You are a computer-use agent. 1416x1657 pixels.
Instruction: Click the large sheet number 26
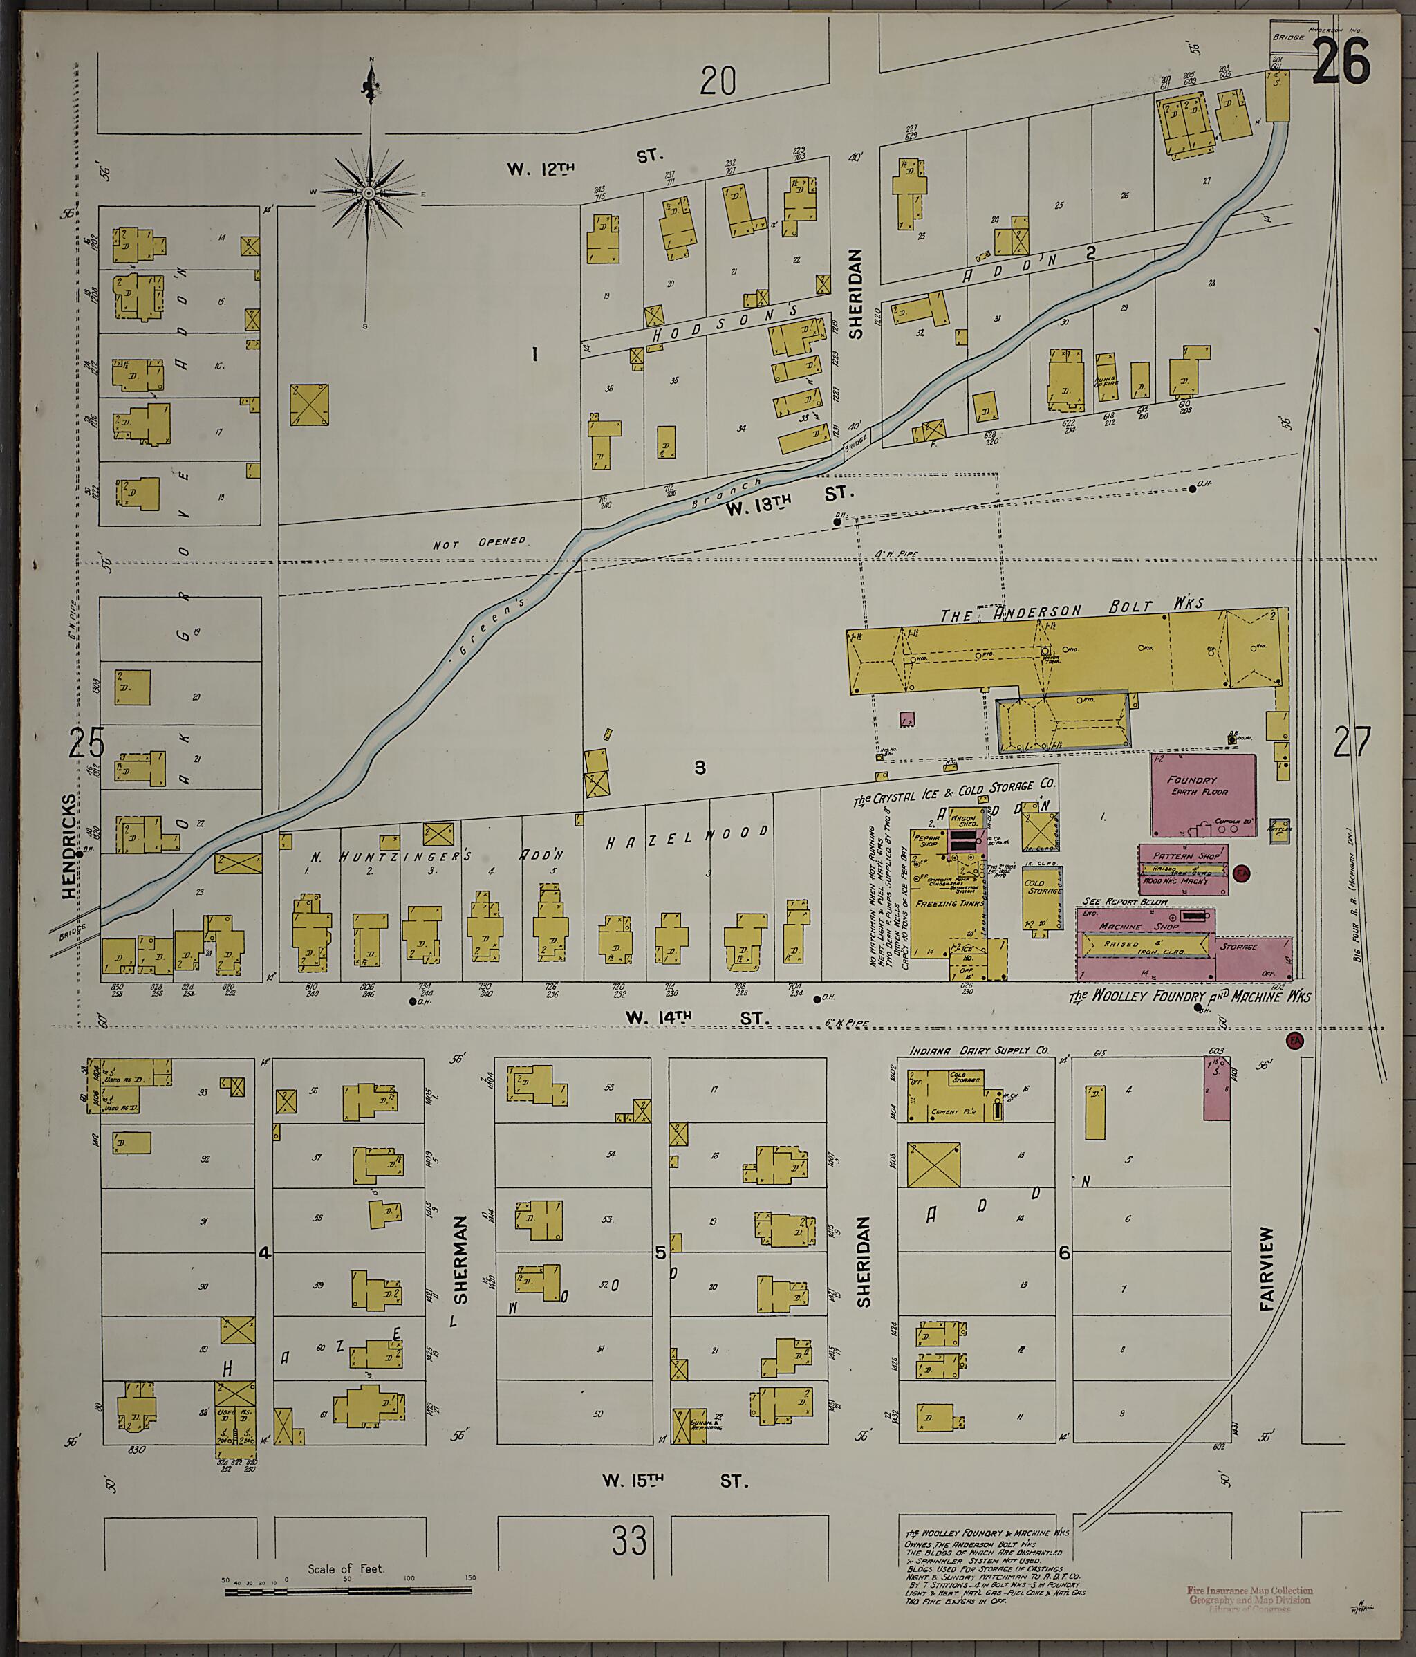click(1341, 62)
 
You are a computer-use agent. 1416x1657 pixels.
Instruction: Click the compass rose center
click(369, 194)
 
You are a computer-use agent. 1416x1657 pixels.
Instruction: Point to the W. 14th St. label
click(696, 1017)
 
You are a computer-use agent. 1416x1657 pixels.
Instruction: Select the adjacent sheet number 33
click(628, 1540)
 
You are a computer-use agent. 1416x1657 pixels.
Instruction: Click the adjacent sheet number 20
click(717, 81)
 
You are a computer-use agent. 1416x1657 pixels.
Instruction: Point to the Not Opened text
click(479, 543)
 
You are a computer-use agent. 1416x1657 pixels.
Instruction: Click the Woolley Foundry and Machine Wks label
click(1190, 997)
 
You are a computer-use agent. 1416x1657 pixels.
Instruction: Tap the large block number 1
click(535, 354)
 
